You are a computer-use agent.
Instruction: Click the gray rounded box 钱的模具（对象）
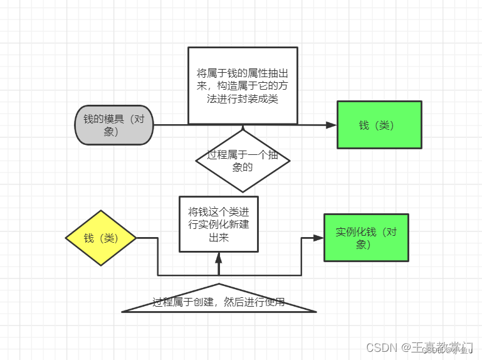pyautogui.click(x=113, y=125)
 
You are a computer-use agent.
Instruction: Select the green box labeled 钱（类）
pyautogui.click(x=379, y=125)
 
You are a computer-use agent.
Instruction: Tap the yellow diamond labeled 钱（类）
pyautogui.click(x=101, y=238)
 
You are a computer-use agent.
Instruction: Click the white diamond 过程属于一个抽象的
pyautogui.click(x=243, y=161)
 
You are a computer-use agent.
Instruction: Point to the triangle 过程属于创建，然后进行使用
pyautogui.click(x=219, y=302)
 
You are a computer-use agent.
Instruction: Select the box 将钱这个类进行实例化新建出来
pyautogui.click(x=218, y=224)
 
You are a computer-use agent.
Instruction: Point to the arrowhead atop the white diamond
pyautogui.click(x=243, y=129)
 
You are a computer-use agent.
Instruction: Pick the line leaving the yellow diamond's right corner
pyautogui.click(x=147, y=238)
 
